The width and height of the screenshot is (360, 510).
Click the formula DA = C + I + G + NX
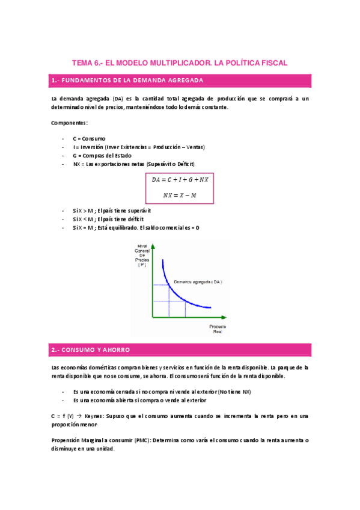(x=180, y=180)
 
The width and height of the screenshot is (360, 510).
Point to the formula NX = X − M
(x=180, y=195)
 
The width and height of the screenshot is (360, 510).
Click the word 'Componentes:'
(x=69, y=123)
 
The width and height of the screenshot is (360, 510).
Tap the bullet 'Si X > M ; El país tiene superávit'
(x=112, y=211)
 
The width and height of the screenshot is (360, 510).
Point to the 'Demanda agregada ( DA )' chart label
(x=198, y=281)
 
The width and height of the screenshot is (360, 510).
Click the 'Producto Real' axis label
(x=218, y=329)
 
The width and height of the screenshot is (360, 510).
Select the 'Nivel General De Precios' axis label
(x=142, y=255)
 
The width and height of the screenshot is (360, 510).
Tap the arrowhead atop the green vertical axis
(x=154, y=246)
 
